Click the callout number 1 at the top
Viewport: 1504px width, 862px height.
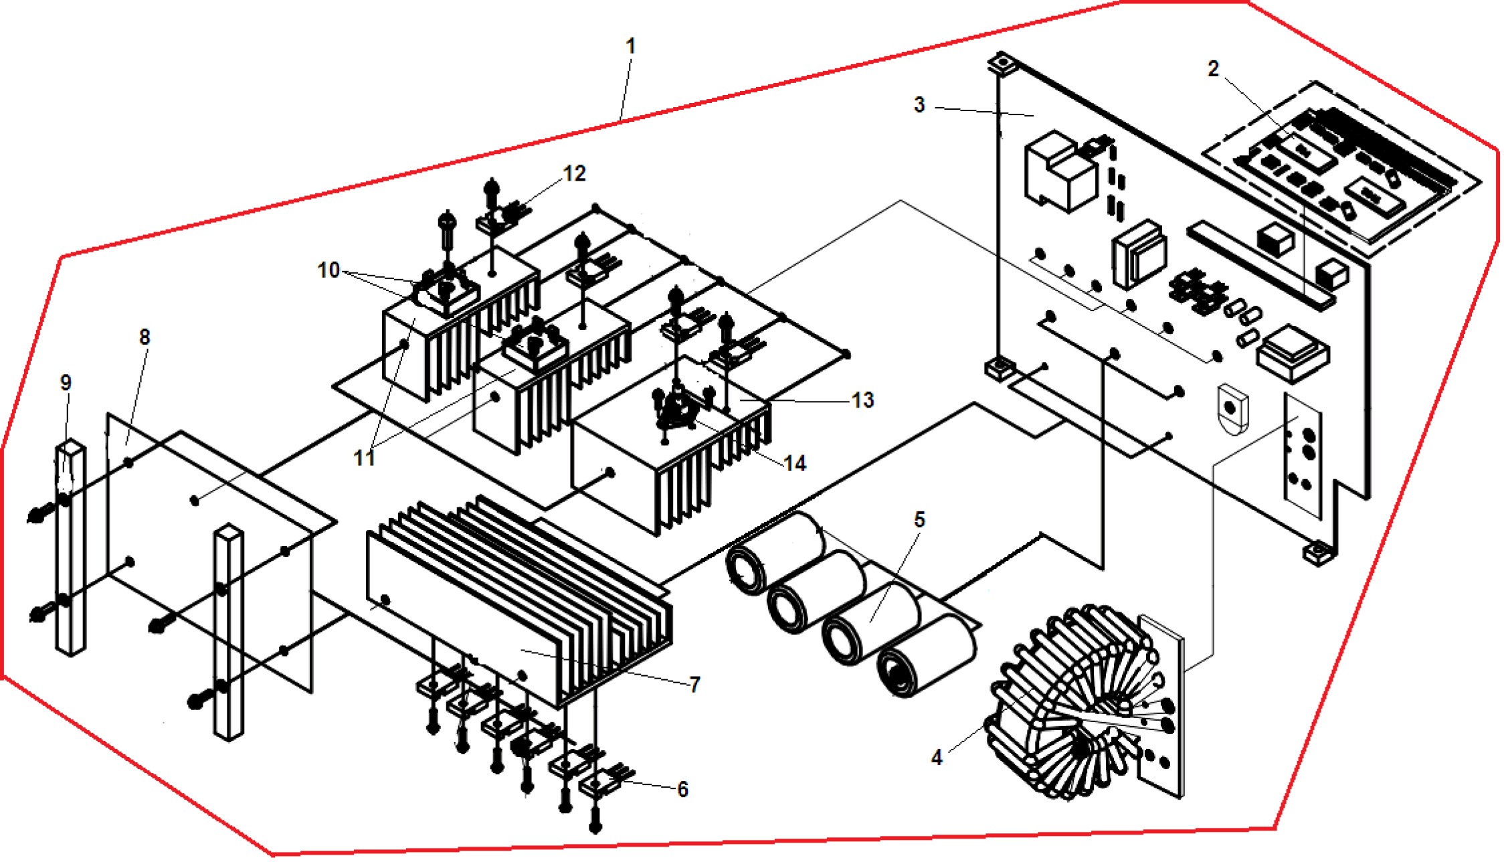(630, 46)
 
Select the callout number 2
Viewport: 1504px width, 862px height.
(1213, 69)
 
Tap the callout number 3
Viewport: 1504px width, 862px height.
(919, 105)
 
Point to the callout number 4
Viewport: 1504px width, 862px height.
(937, 758)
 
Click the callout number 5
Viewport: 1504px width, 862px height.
(919, 520)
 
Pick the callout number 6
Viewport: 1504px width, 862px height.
(682, 790)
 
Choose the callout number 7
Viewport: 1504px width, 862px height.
(695, 684)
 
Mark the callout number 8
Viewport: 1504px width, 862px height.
(145, 337)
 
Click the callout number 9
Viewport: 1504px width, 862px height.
(66, 383)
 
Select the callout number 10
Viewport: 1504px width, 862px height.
(328, 270)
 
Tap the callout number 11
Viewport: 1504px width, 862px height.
(364, 458)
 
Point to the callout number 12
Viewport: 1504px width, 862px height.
(574, 174)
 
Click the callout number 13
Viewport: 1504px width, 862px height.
(862, 400)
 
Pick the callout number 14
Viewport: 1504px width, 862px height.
(795, 463)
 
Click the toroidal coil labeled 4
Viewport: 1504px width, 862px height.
(1070, 703)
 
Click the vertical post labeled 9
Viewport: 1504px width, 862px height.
(70, 549)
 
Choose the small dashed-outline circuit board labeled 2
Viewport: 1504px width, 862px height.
(1338, 167)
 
